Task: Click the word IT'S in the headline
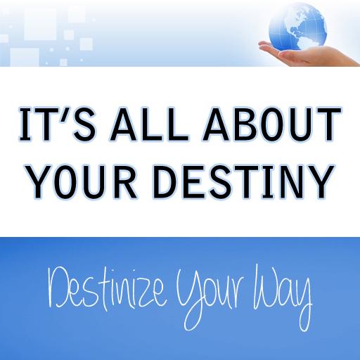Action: click(58, 124)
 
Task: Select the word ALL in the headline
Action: click(149, 124)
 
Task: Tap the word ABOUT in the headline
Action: click(272, 124)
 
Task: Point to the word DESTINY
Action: click(244, 182)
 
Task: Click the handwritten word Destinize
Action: click(107, 289)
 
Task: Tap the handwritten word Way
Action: click(283, 297)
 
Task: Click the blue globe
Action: click(298, 26)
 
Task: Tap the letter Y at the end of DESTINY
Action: click(321, 182)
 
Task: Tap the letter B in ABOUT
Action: click(244, 124)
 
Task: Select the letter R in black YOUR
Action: click(124, 182)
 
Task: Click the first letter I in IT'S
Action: click(25, 124)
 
